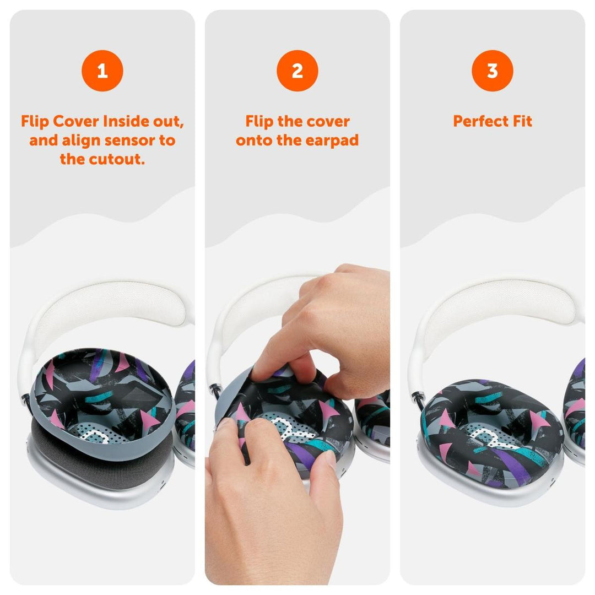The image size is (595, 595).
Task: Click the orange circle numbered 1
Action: point(102,71)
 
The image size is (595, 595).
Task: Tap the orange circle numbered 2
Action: point(297,71)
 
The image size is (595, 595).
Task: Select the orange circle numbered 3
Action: point(492,71)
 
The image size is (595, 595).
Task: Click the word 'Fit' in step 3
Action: point(522,121)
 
